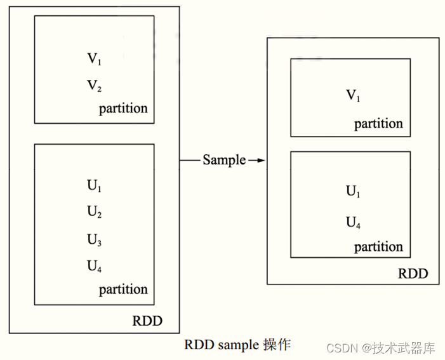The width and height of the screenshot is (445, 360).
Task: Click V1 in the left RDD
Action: (94, 59)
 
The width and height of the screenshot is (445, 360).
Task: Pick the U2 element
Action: (94, 213)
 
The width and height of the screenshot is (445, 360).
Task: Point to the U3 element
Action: (94, 239)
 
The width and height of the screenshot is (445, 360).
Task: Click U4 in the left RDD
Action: (94, 265)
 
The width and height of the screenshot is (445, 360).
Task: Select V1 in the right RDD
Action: (353, 95)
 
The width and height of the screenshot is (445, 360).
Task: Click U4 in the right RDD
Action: (353, 222)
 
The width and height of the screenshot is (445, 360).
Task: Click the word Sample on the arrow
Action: (224, 160)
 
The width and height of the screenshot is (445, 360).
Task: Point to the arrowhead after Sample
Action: (260, 161)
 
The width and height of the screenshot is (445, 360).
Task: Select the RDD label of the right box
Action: (413, 274)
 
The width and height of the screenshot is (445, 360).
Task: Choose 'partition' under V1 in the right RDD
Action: (378, 124)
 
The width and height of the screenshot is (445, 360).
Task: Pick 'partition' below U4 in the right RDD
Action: (378, 247)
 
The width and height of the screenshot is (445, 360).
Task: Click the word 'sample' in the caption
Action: (237, 345)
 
